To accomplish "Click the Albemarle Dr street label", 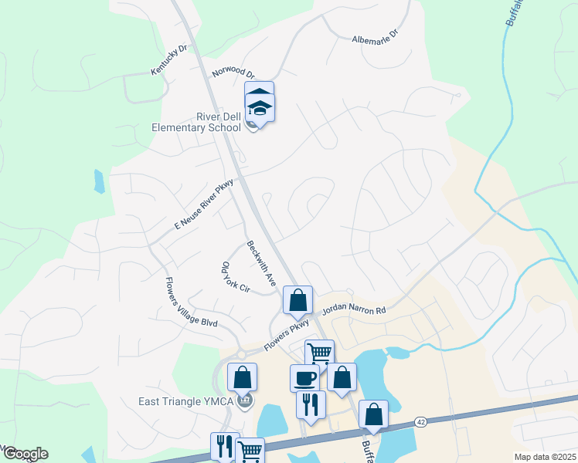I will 374,37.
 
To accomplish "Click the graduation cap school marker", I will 260,107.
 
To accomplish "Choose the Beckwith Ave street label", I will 261,262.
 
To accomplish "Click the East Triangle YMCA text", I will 187,401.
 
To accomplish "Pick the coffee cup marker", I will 304,377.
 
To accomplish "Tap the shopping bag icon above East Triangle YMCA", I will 242,377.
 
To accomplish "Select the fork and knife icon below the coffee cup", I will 311,404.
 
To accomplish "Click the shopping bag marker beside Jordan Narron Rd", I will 297,300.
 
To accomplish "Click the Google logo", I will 25,454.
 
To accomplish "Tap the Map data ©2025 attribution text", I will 544,457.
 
